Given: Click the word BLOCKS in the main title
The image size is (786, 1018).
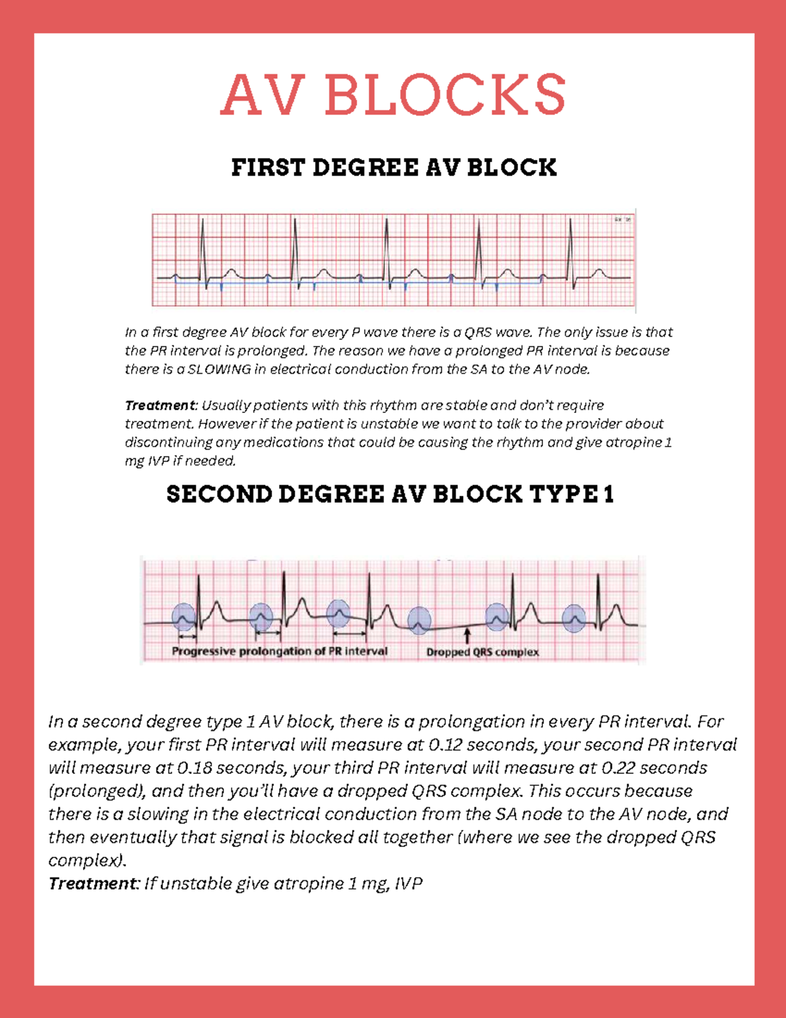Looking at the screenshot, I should (445, 94).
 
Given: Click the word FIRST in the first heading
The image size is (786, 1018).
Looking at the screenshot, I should (268, 168).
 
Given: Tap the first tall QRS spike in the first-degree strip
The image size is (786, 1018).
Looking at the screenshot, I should (203, 249).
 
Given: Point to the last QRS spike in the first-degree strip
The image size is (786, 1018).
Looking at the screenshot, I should (571, 249).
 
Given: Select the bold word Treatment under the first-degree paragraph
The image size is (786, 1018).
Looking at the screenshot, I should (160, 406).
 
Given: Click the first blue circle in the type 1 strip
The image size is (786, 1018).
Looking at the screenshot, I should (183, 617).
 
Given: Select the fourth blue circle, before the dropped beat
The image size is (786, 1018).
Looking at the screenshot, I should (419, 620).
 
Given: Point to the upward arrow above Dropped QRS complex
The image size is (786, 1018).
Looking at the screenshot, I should (467, 635).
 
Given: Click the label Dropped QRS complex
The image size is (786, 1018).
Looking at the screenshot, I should (482, 652).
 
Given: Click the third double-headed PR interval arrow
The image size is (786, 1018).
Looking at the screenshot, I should (349, 634).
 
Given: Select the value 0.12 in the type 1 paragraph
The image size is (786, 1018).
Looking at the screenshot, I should (445, 745).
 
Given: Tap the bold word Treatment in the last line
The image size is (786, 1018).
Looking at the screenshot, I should (92, 884).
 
